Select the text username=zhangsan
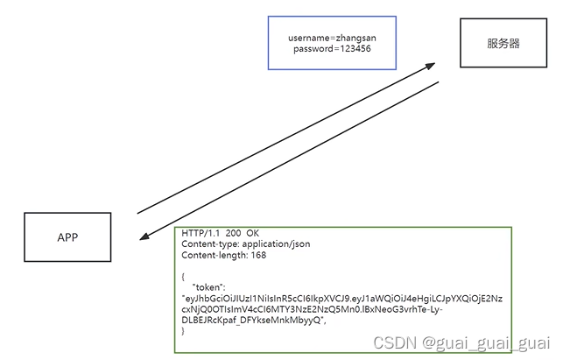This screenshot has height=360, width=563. pyautogui.click(x=332, y=38)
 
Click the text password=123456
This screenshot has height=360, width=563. pyautogui.click(x=332, y=49)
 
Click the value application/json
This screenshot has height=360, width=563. pyautogui.click(x=277, y=244)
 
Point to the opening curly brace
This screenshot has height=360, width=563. pyautogui.click(x=184, y=276)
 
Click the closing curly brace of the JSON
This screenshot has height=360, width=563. pyautogui.click(x=184, y=331)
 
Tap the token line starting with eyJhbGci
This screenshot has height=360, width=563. pyautogui.click(x=341, y=299)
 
